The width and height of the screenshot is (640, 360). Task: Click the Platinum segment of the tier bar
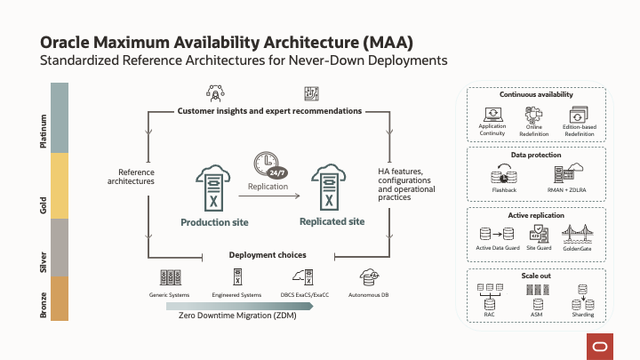coord(60,116)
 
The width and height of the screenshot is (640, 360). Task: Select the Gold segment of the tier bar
coord(60,185)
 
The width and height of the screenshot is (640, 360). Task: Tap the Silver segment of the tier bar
coord(60,247)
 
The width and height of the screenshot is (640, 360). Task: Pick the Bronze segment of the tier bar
coord(60,298)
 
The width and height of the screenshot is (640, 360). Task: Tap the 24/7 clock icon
coord(268,164)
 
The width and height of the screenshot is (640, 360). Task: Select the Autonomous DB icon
coord(367,277)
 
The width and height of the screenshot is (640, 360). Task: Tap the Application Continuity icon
coord(492,115)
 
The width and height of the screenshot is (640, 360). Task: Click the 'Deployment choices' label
coord(268,255)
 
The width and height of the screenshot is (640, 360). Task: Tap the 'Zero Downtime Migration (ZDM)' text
coord(237,316)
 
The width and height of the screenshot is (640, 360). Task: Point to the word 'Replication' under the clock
coord(268,187)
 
